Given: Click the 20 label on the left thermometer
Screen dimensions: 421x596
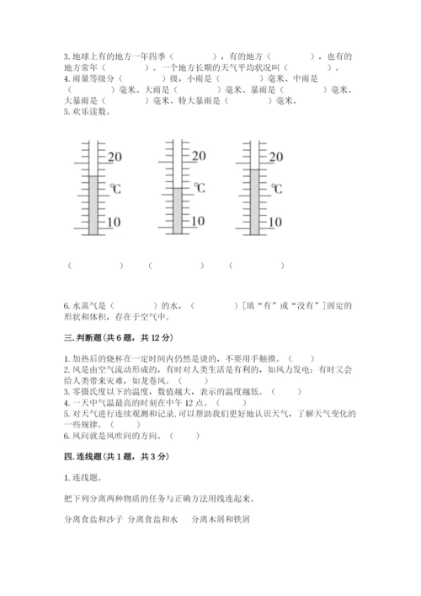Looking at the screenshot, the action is click(115, 157).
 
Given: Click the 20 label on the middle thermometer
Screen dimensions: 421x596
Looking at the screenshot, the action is click(199, 157).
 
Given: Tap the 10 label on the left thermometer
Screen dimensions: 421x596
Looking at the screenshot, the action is click(114, 223).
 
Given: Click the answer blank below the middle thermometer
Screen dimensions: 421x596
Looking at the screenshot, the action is click(175, 266).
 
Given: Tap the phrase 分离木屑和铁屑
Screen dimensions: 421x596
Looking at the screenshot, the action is click(221, 519).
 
